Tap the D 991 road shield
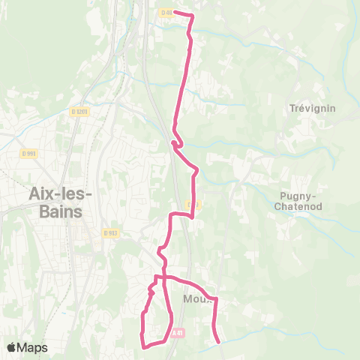(29, 153)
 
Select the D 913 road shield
(111, 232)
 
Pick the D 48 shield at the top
(166, 12)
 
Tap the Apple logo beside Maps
(11, 347)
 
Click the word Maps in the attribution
(33, 348)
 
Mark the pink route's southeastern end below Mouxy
(219, 342)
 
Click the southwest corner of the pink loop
(143, 346)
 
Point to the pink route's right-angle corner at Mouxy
(215, 299)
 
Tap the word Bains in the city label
(61, 211)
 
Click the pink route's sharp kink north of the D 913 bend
(173, 142)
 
